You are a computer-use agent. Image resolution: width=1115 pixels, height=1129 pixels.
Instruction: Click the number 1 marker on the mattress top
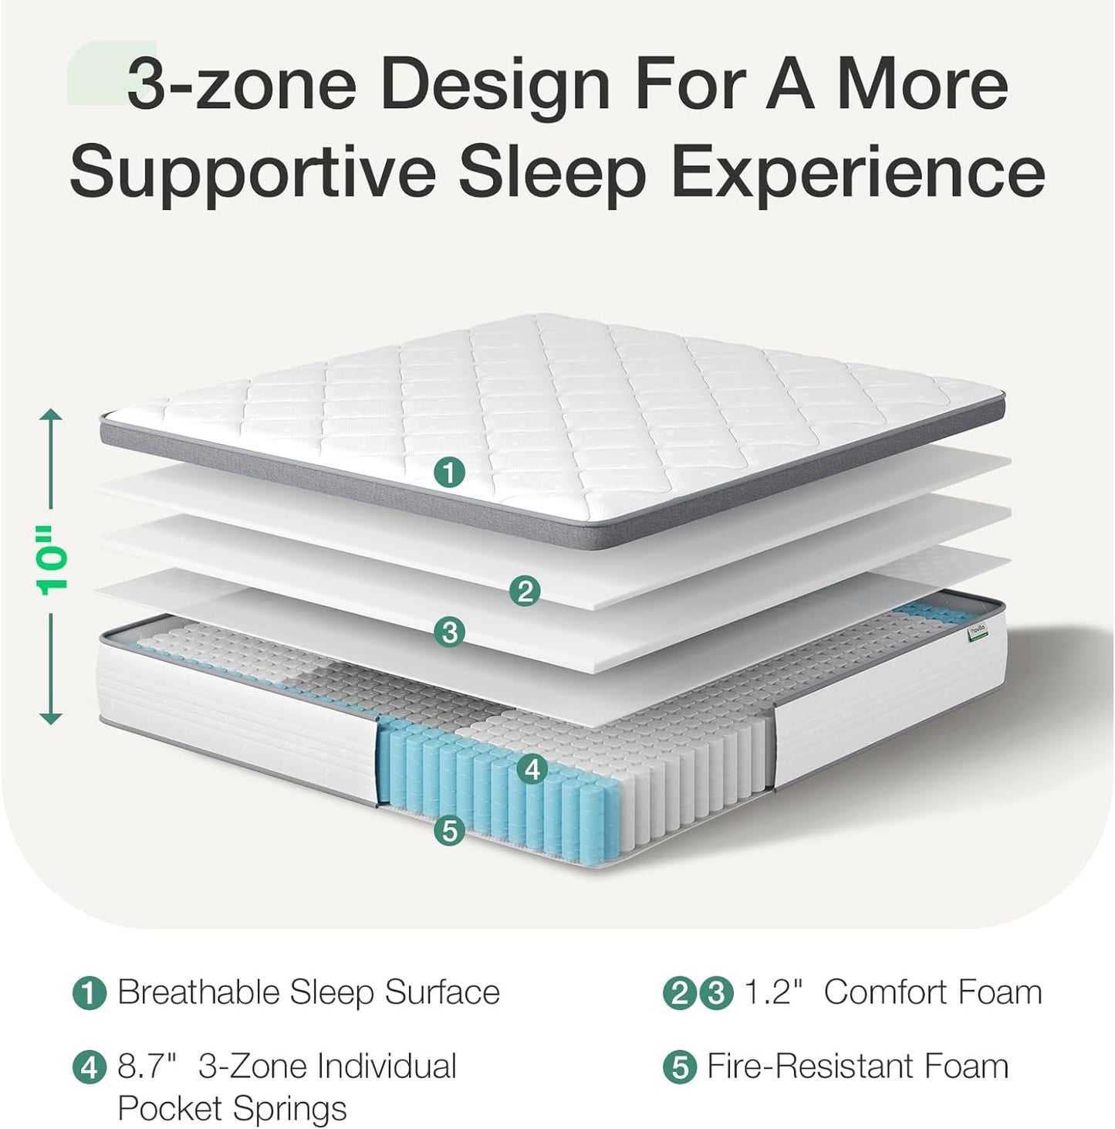[449, 471]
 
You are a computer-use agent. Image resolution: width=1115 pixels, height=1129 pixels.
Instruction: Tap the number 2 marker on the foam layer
[525, 592]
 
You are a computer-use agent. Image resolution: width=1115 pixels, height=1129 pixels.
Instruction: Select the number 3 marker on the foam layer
[449, 632]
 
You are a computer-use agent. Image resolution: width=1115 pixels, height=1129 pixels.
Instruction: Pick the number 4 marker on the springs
[532, 769]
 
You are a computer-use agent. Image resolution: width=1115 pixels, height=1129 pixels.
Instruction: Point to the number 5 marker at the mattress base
[449, 831]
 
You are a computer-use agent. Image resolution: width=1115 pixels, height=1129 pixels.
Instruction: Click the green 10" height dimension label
[52, 561]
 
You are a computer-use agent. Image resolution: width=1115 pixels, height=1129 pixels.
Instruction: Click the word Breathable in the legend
[198, 992]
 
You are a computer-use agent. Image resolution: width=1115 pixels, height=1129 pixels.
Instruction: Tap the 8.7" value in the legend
[147, 1066]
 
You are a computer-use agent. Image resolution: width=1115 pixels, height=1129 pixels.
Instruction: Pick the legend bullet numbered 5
[679, 1067]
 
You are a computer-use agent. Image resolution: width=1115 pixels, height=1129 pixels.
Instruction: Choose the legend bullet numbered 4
[89, 1067]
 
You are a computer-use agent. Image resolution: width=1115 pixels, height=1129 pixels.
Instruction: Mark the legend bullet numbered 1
[89, 993]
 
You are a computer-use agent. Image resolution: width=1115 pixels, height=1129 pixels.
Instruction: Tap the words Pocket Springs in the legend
[231, 1109]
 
